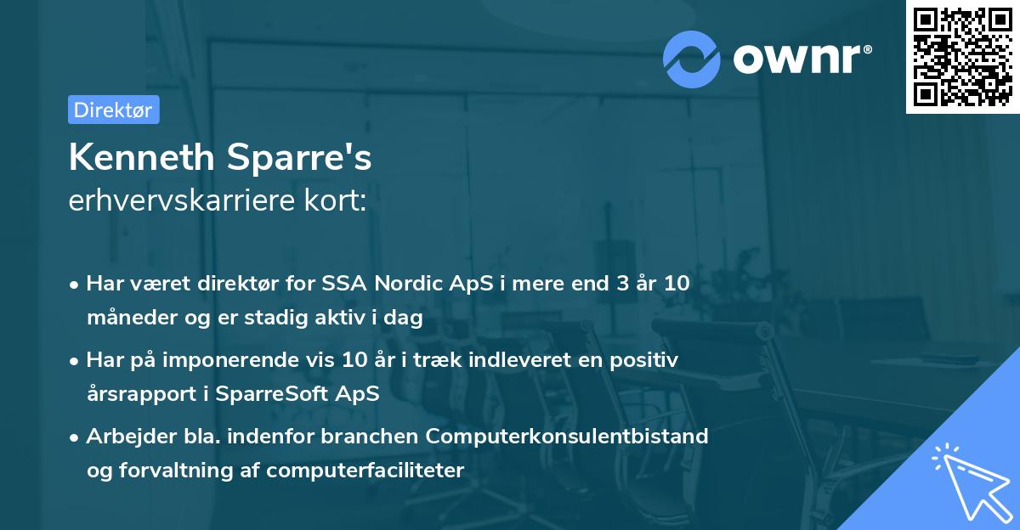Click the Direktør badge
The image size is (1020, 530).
[113, 110]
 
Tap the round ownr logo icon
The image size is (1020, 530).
[692, 59]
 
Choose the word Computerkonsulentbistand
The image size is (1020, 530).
[567, 437]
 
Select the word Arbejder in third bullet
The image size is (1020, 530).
[123, 437]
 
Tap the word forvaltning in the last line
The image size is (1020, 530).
[174, 471]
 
